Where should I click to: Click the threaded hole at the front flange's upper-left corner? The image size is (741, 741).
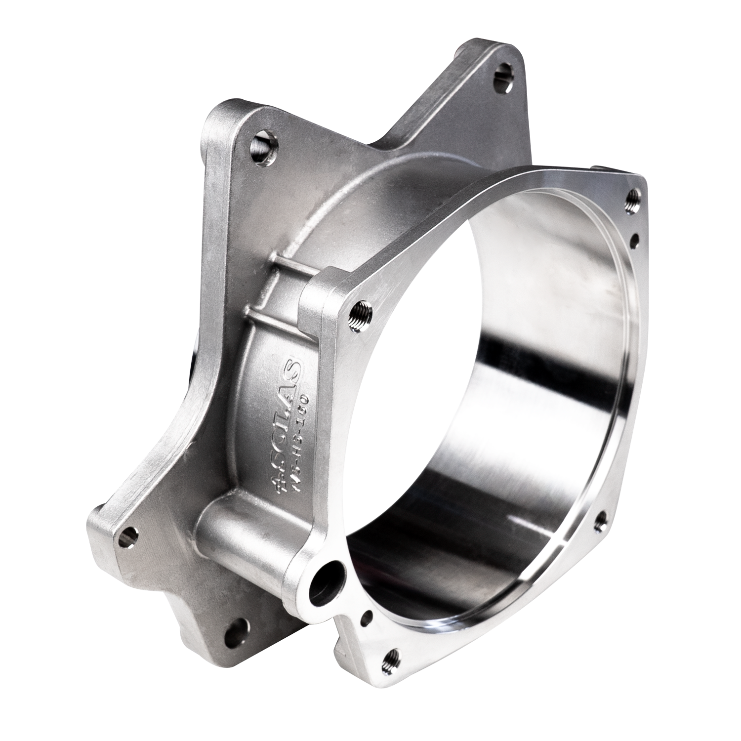(x=357, y=315)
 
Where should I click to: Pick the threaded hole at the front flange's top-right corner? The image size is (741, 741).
(x=634, y=199)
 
